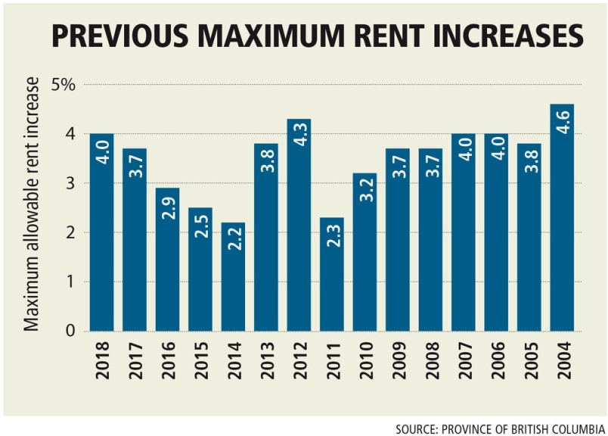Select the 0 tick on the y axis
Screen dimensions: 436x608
(70, 331)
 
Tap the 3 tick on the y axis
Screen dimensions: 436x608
(70, 183)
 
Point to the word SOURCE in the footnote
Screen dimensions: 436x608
(415, 428)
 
